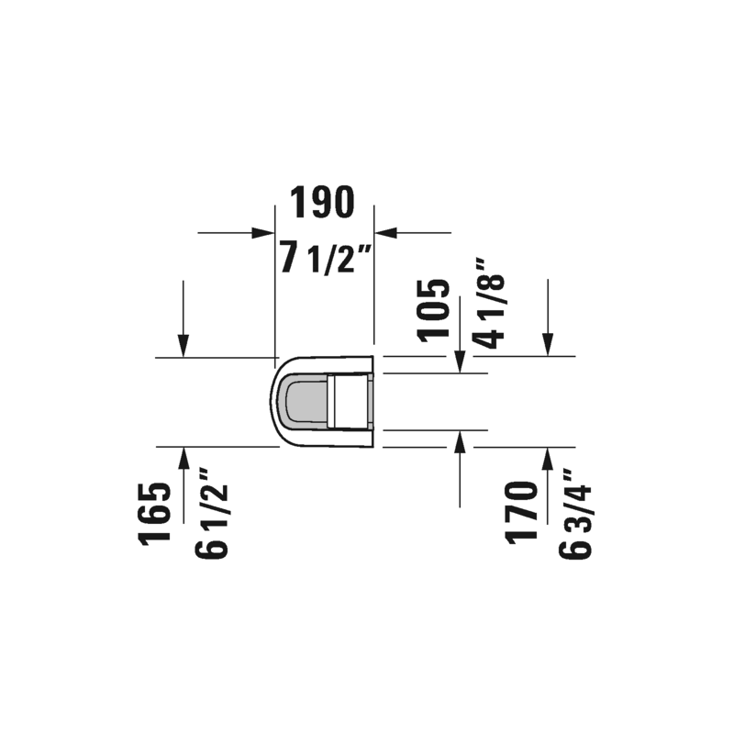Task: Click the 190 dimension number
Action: click(322, 202)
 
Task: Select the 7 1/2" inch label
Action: click(326, 258)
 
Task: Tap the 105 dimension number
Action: click(433, 310)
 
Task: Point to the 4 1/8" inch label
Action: click(490, 304)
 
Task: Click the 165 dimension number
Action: click(154, 514)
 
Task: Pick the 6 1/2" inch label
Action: click(211, 513)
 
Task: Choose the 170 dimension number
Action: click(520, 513)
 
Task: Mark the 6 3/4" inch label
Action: click(575, 514)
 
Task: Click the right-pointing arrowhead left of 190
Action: click(262, 233)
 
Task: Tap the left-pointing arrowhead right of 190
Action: click(385, 233)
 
